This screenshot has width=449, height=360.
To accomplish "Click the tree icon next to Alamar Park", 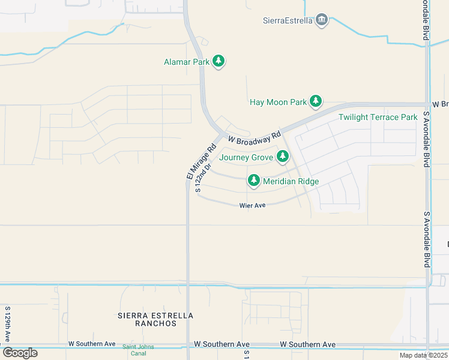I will [x=219, y=62].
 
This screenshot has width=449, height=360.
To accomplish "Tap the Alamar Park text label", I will [x=186, y=62].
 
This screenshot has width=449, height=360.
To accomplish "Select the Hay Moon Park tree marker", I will [x=316, y=102].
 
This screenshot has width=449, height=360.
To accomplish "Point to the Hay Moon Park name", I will [x=278, y=102].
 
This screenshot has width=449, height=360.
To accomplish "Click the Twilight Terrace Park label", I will [x=378, y=117].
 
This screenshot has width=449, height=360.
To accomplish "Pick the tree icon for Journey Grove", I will [x=283, y=158].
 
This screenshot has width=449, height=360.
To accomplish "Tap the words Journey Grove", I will [x=247, y=158].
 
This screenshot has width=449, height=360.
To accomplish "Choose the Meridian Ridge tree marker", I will [x=254, y=181].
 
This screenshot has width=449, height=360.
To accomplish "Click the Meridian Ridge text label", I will [x=291, y=181].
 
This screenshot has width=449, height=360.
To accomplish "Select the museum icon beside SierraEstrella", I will [x=322, y=20].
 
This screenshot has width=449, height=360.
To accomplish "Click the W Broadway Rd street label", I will [x=254, y=139].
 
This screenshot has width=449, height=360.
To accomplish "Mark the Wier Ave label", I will [x=252, y=205].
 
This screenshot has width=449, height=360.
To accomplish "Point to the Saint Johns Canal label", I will [x=139, y=350].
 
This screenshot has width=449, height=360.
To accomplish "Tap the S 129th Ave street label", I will [x=8, y=324].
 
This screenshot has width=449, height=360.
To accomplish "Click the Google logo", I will [x=20, y=353].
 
